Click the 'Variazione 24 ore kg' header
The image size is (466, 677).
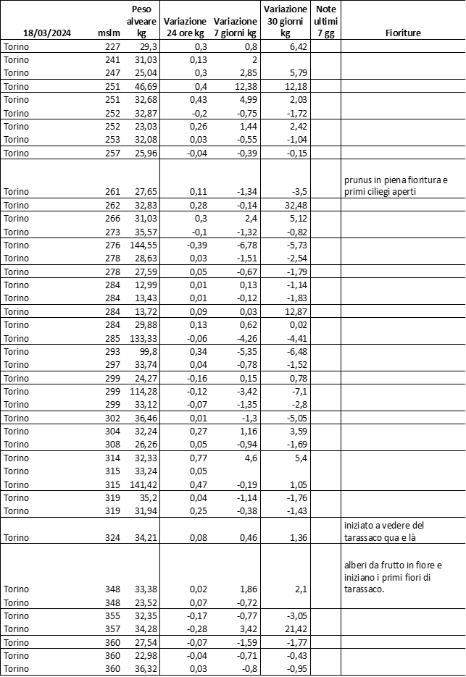185,28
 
